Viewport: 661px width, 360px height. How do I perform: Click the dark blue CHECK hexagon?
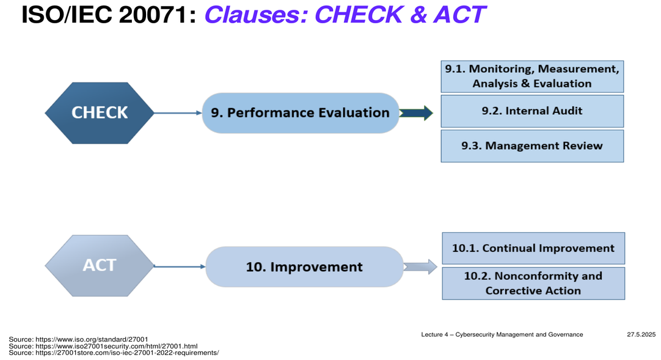pos(100,113)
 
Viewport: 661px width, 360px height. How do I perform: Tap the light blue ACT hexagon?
pos(100,266)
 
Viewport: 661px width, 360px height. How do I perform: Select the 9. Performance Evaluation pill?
pos(301,113)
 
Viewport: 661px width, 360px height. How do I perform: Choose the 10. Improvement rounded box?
pos(304,267)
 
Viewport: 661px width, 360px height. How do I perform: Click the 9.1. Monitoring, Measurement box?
pos(532,76)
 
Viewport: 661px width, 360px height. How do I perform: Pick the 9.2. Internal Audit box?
pos(532,111)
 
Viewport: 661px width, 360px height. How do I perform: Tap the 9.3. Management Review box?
pos(532,146)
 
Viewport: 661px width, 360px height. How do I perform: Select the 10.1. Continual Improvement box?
pos(533,248)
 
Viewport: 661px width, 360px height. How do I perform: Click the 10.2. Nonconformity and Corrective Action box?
pos(533,283)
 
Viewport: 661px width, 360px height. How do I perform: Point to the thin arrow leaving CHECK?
pos(178,113)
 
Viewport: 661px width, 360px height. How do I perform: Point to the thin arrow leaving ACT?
pos(180,266)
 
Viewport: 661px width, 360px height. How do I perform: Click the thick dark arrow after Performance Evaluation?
pos(416,113)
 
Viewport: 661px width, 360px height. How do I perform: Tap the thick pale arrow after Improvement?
pos(420,267)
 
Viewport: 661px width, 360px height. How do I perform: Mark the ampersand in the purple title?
pos(418,15)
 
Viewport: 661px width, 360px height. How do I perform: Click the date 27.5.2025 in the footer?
pos(641,335)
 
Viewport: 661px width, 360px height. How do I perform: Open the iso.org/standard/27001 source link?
pos(92,339)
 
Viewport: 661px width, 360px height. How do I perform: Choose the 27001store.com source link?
pos(127,353)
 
